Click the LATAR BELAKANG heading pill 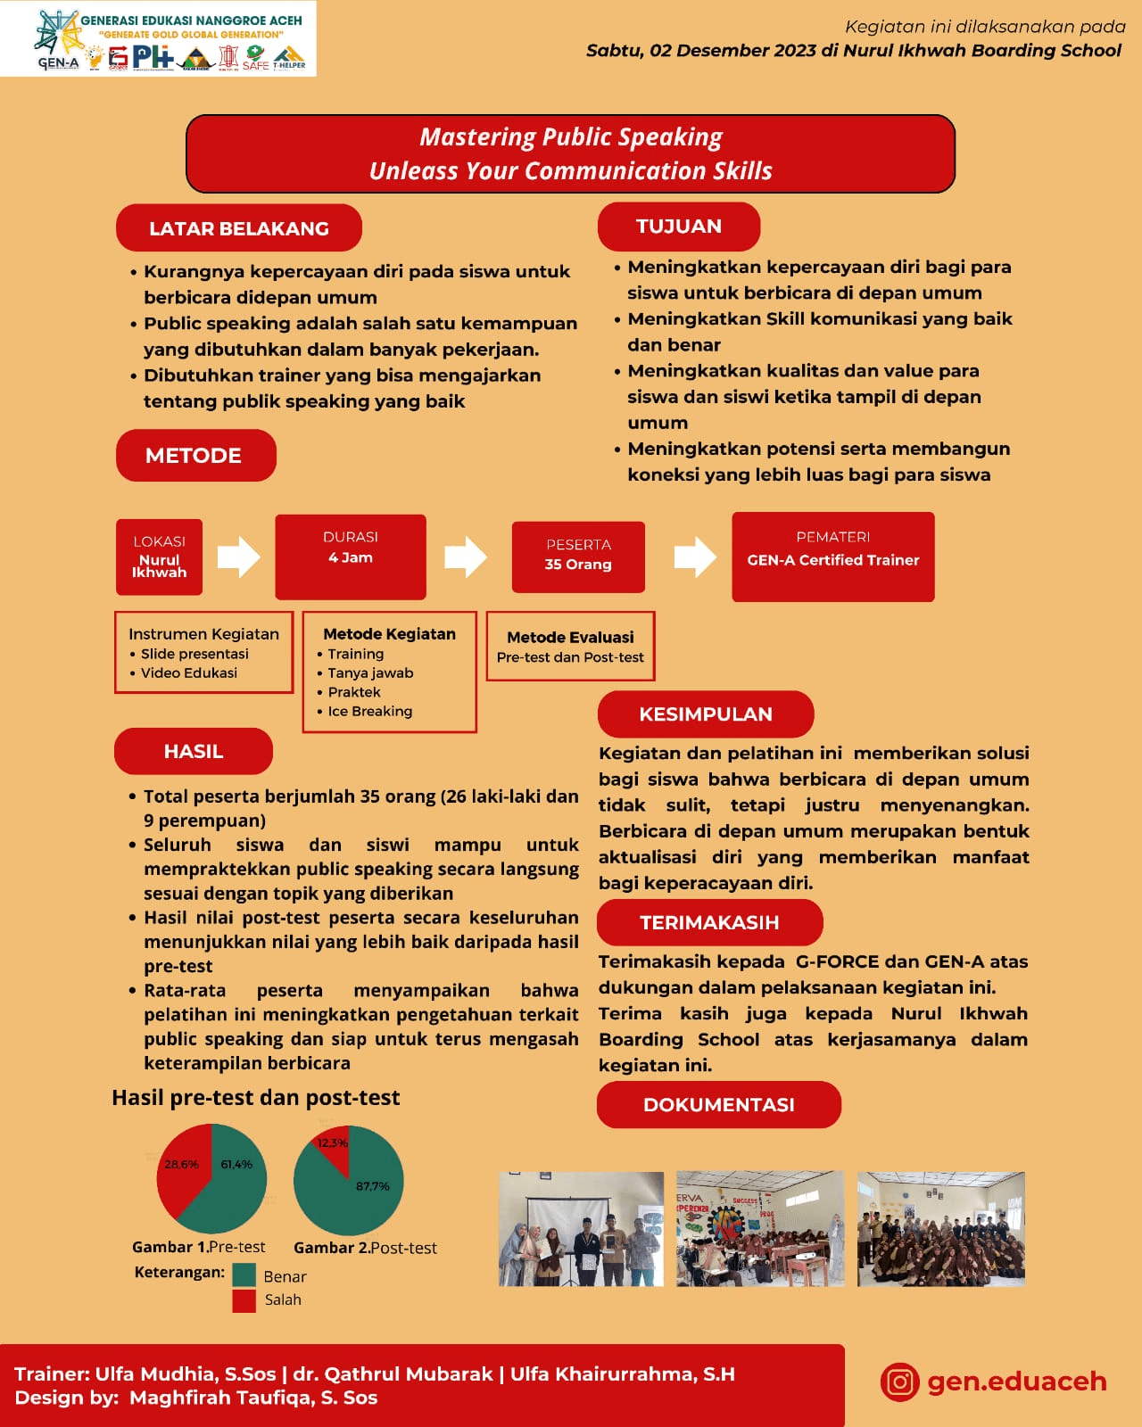click(238, 228)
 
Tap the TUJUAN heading click(678, 227)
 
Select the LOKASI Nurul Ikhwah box click(159, 557)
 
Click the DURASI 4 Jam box click(350, 557)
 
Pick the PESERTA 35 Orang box click(578, 557)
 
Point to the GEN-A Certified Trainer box click(832, 557)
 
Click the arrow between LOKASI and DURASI click(238, 557)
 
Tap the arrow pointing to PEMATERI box click(694, 557)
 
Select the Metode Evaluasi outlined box click(570, 647)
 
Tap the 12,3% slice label click(333, 1143)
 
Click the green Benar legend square click(244, 1275)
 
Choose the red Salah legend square click(244, 1300)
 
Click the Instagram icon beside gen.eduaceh click(899, 1382)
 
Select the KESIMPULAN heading click(705, 714)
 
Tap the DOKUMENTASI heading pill click(718, 1105)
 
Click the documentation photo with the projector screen click(581, 1229)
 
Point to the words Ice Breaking click(369, 712)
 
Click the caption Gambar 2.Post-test click(365, 1248)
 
